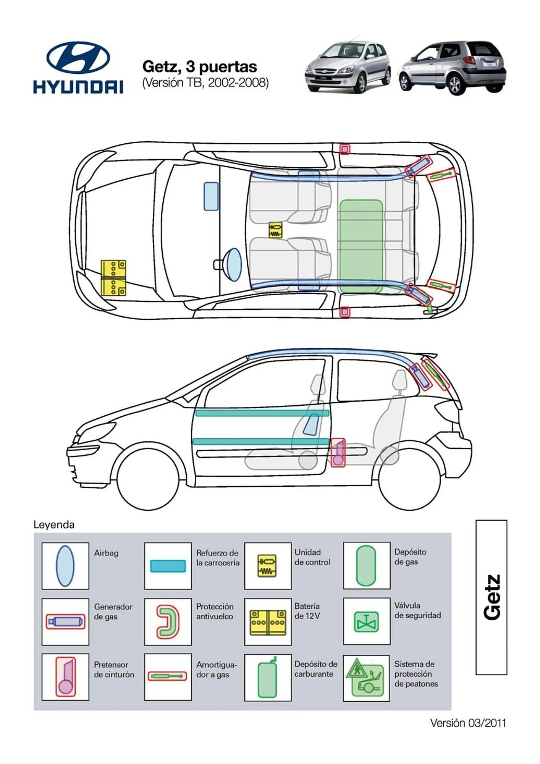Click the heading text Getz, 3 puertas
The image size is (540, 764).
click(x=199, y=67)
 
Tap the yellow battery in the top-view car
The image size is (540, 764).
click(x=113, y=278)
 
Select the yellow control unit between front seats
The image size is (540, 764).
click(x=275, y=230)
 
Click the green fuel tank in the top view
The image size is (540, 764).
click(x=361, y=246)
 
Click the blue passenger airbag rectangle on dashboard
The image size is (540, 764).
click(x=211, y=196)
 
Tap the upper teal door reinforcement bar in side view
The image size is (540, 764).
click(x=262, y=413)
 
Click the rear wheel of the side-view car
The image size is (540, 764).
click(x=409, y=480)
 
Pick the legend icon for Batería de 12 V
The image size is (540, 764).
click(x=268, y=622)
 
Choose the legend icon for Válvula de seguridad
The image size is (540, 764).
click(x=366, y=622)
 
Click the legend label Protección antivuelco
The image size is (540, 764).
click(x=215, y=611)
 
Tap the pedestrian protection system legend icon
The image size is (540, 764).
click(x=366, y=678)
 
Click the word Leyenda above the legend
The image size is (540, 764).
click(x=54, y=524)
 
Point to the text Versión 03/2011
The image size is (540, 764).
click(x=467, y=723)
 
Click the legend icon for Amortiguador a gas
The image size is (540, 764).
click(x=168, y=676)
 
